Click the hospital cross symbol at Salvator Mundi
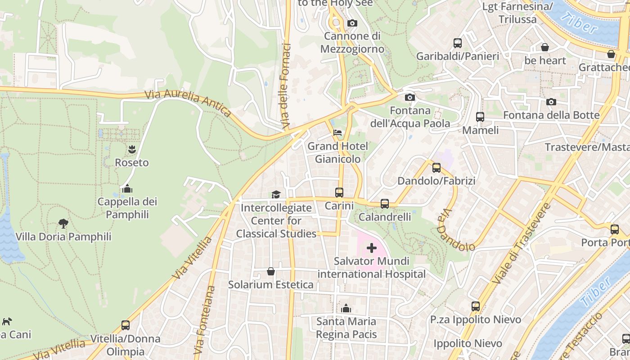[372, 248]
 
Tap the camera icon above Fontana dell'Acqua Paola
[409, 97]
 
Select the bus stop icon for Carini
[339, 192]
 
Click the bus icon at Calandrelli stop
[385, 203]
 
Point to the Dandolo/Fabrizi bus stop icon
[436, 168]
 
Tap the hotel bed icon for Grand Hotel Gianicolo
[337, 133]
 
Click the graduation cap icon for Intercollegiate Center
[276, 194]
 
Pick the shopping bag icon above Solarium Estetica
[271, 271]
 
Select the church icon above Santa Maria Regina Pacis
[346, 308]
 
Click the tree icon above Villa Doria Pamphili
[63, 223]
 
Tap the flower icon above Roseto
[132, 149]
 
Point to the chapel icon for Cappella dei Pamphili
[127, 188]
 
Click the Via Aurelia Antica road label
[188, 103]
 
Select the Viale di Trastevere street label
[522, 243]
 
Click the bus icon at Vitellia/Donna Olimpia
[126, 325]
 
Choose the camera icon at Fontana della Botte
[551, 102]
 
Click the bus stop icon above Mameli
[480, 117]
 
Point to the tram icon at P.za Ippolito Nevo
[476, 306]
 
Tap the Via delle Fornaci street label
[284, 85]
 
